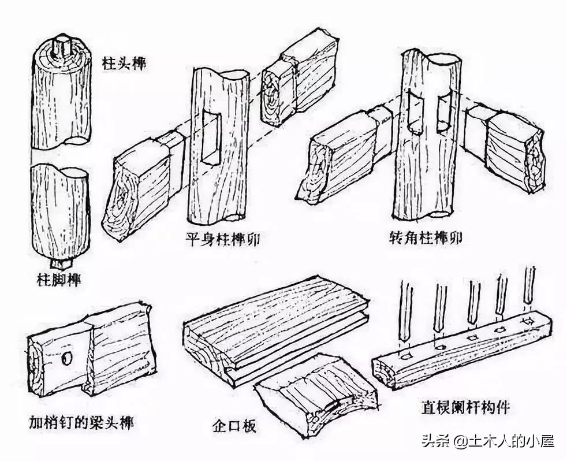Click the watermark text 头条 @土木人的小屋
pos(488,441)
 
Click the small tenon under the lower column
pos(59,263)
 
